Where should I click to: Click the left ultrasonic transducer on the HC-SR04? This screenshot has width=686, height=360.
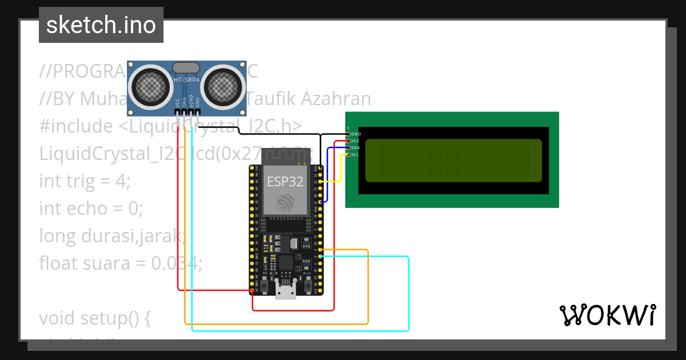pos(150,86)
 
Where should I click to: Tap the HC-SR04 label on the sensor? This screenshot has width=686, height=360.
pos(186,80)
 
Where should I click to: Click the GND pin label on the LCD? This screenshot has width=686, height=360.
pos(356,134)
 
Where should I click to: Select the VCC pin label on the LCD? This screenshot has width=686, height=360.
pos(356,141)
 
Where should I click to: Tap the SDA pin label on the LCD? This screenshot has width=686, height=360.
pos(356,147)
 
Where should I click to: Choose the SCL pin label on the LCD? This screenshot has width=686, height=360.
pos(356,154)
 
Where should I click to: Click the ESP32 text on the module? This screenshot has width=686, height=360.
pos(285,182)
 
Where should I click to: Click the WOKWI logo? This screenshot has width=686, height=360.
pos(607,315)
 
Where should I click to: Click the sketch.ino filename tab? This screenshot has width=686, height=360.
pos(101,25)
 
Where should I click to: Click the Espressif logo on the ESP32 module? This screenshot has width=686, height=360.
pos(285,203)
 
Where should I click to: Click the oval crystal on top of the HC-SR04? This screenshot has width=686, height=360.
pos(186,68)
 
